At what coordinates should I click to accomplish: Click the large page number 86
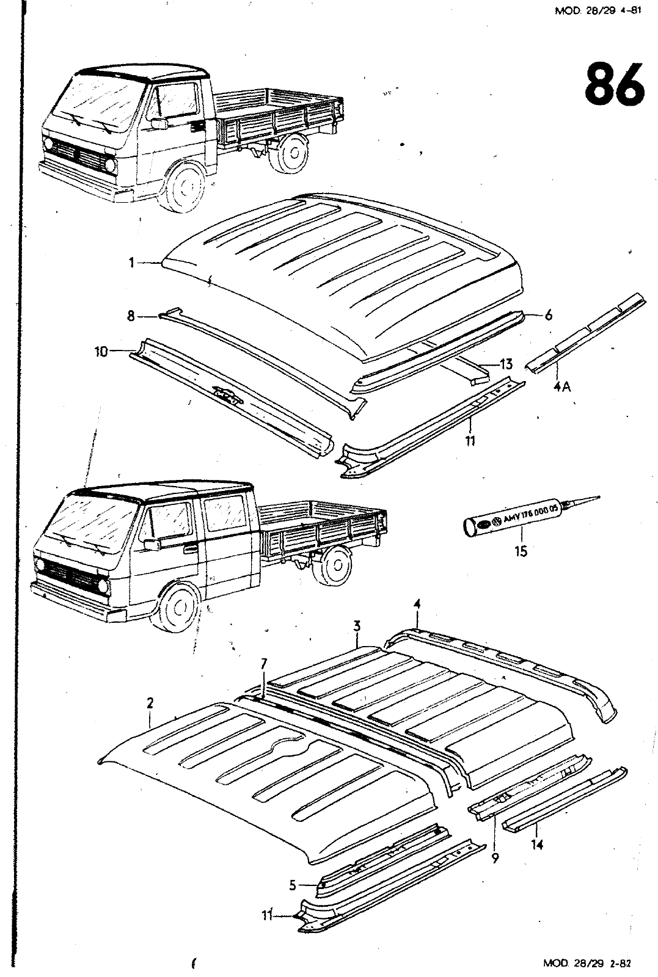tap(614, 85)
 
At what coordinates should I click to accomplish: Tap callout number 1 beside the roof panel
tap(131, 263)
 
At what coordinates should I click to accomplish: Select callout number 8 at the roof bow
tap(131, 316)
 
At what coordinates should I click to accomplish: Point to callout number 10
tap(101, 352)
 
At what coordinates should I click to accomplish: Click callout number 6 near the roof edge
tap(548, 315)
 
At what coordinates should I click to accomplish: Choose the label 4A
tap(562, 387)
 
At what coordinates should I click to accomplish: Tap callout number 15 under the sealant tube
tap(521, 551)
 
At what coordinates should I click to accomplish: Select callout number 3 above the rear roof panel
tap(357, 626)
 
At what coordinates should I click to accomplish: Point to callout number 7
tap(263, 663)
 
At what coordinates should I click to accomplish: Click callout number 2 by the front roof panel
tap(150, 704)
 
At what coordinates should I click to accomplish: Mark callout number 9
tap(494, 858)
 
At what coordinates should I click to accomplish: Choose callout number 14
tap(538, 846)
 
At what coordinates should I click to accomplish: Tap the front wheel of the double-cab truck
tap(177, 608)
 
